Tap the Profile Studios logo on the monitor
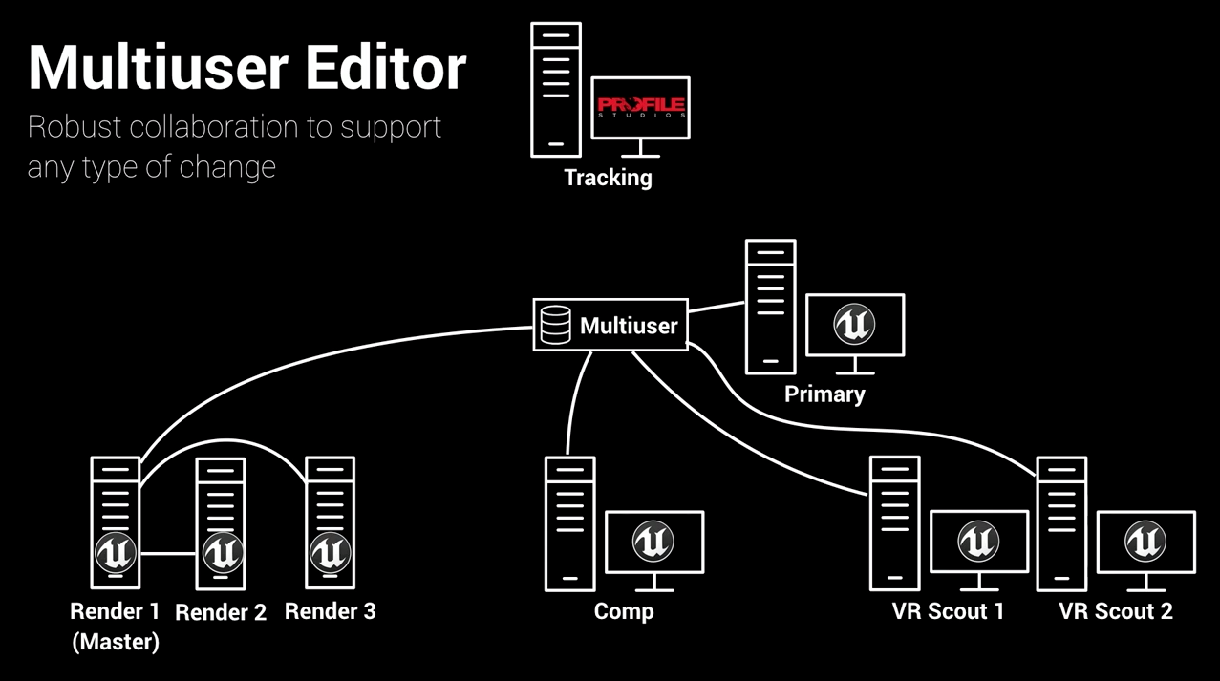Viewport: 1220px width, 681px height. [641, 106]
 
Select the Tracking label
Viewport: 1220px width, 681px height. [608, 178]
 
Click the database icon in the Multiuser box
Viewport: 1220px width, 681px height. [555, 326]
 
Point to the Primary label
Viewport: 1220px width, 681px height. [824, 394]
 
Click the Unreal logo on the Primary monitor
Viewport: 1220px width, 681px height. [854, 325]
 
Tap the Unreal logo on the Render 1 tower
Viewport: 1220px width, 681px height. [116, 552]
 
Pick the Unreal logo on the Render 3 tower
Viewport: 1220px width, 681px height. [330, 552]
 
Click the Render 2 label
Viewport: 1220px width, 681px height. [221, 612]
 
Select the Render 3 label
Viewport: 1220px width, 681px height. [331, 611]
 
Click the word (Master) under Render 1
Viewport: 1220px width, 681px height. [116, 642]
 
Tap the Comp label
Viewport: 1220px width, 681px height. [624, 611]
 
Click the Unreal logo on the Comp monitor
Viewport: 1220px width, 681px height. [653, 542]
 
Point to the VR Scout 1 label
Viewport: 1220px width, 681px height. [948, 611]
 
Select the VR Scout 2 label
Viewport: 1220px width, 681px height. [1116, 611]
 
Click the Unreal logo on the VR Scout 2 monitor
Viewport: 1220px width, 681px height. [1145, 542]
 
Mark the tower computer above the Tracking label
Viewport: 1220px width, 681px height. [556, 90]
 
